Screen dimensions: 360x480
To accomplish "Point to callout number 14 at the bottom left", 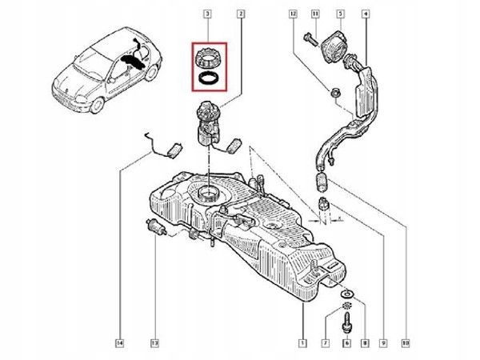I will (118, 345).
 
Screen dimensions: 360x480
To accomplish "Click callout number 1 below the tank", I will (302, 345).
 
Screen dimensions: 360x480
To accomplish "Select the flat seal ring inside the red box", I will (209, 78).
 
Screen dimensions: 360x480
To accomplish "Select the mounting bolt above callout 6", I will (346, 320).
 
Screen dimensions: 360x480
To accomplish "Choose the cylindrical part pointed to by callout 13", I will (158, 226).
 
